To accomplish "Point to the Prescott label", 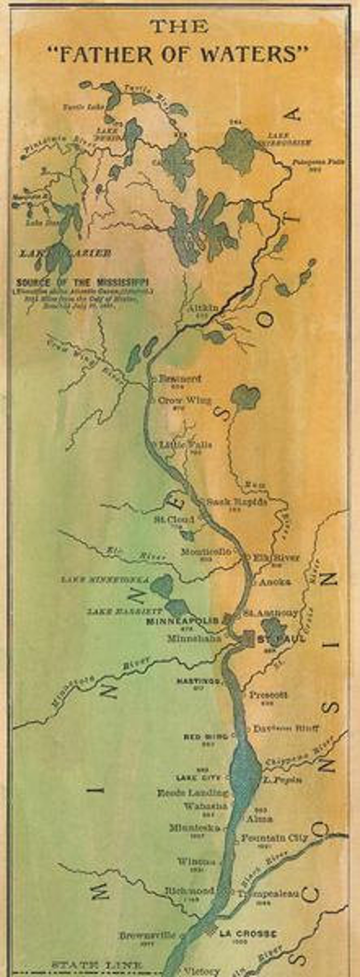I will [268, 695].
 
